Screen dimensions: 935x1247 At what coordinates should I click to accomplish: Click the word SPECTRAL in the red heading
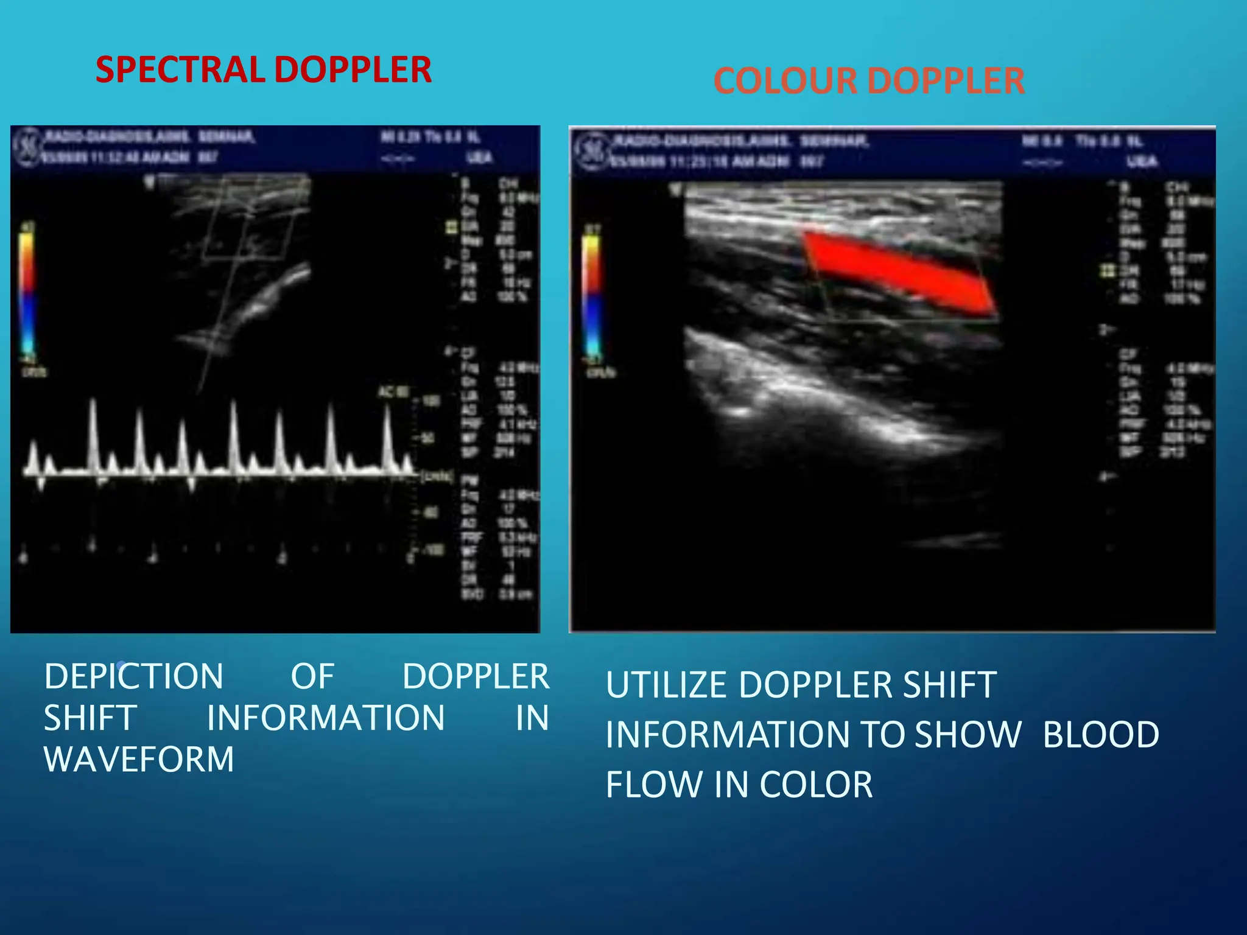click(x=178, y=69)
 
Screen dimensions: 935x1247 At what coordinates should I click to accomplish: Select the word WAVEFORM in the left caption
click(x=139, y=759)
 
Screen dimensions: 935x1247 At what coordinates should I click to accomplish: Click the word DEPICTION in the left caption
click(x=134, y=676)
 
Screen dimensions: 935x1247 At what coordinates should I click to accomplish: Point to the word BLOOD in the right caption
click(x=1101, y=734)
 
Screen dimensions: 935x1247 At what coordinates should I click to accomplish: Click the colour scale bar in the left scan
click(x=27, y=292)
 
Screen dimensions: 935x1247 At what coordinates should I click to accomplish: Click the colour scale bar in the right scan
click(x=591, y=295)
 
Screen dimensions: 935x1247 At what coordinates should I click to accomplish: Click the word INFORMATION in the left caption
click(x=326, y=718)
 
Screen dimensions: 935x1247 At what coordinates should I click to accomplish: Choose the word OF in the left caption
click(x=312, y=676)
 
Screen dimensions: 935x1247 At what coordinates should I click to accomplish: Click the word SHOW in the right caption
click(x=968, y=734)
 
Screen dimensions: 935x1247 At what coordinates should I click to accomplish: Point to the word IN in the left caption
click(x=532, y=718)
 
